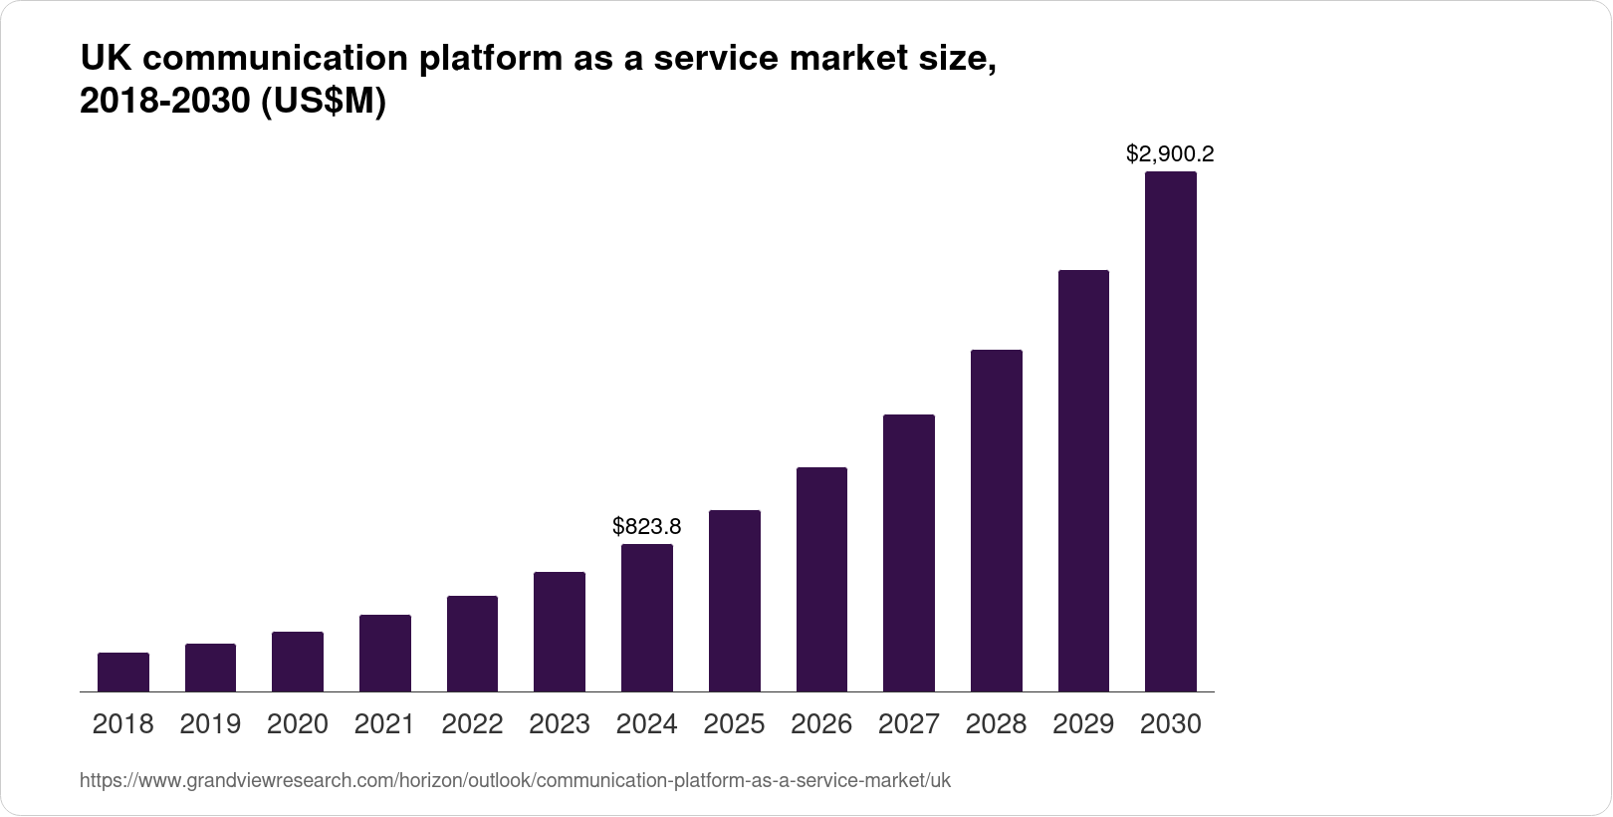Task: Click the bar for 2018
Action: tap(123, 673)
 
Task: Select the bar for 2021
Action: tap(385, 654)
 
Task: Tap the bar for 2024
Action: tap(647, 618)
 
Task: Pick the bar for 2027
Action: tap(909, 553)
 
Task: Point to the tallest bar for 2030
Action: tap(1171, 431)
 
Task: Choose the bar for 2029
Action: tap(1083, 481)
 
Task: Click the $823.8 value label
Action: tap(647, 525)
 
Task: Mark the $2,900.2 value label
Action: tap(1170, 153)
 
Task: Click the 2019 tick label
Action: tap(210, 724)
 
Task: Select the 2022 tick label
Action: tap(472, 724)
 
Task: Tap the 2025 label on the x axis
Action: tap(735, 724)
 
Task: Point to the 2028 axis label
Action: tap(996, 724)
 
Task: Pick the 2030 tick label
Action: tap(1171, 724)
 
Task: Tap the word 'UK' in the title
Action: tap(104, 60)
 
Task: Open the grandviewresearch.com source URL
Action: tap(515, 781)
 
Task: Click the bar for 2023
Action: tap(560, 632)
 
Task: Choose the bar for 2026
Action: tap(821, 580)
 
